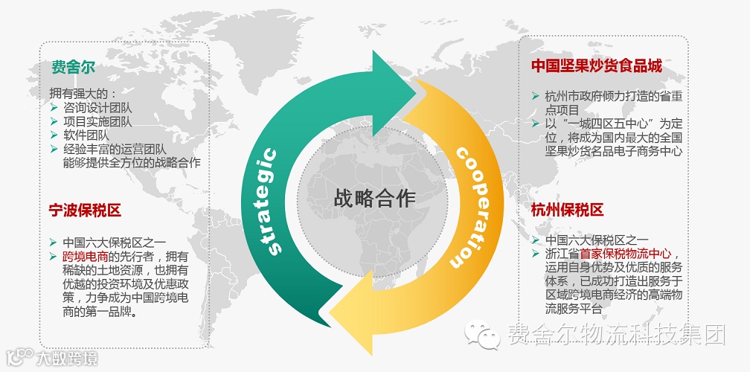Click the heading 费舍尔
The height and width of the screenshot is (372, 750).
click(73, 68)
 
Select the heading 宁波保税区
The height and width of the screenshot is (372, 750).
click(85, 211)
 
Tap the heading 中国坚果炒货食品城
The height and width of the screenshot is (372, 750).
click(596, 66)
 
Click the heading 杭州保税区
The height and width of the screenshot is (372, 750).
click(567, 210)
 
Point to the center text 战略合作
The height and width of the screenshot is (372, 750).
click(375, 198)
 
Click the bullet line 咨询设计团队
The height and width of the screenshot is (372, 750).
click(97, 108)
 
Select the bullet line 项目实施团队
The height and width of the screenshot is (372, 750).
click(97, 122)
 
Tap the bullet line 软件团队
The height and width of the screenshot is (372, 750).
click(86, 135)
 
